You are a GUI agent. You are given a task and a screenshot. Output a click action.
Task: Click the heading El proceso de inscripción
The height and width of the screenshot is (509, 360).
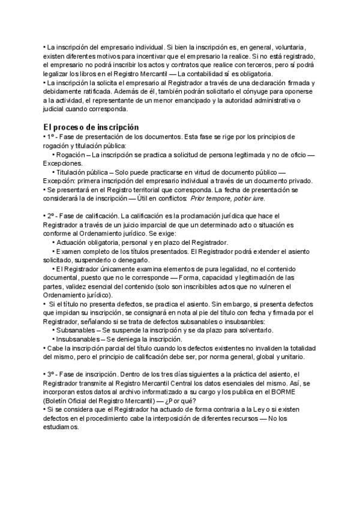pos(91,127)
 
